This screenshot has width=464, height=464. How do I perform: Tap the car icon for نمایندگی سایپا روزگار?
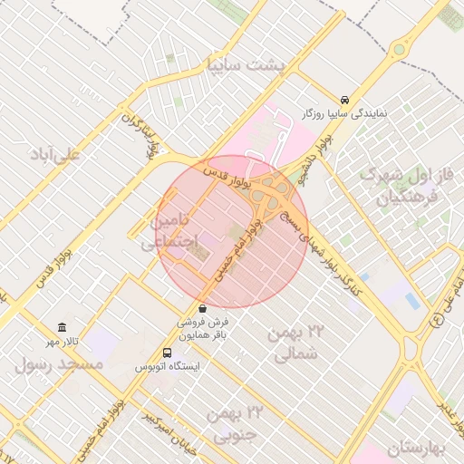[x=344, y=100]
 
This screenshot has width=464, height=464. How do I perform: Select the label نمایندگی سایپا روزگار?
[x=343, y=114]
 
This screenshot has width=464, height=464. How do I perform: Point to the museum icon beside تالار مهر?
[x=62, y=326]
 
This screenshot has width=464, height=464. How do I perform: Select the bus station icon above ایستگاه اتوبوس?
[x=167, y=353]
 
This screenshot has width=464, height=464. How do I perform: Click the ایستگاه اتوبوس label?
[x=167, y=367]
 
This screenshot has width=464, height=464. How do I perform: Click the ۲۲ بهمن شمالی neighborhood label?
[x=296, y=343]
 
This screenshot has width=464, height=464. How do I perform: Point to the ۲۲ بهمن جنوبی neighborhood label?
[x=234, y=424]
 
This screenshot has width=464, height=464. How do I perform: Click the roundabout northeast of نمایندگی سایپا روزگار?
[x=400, y=56]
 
